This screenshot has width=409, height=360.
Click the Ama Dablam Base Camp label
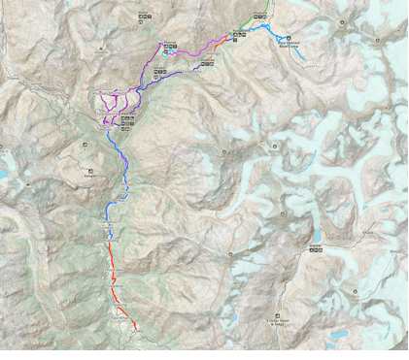pyautogui.click(x=290, y=44)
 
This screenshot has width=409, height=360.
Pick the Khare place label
pyautogui.click(x=315, y=248)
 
